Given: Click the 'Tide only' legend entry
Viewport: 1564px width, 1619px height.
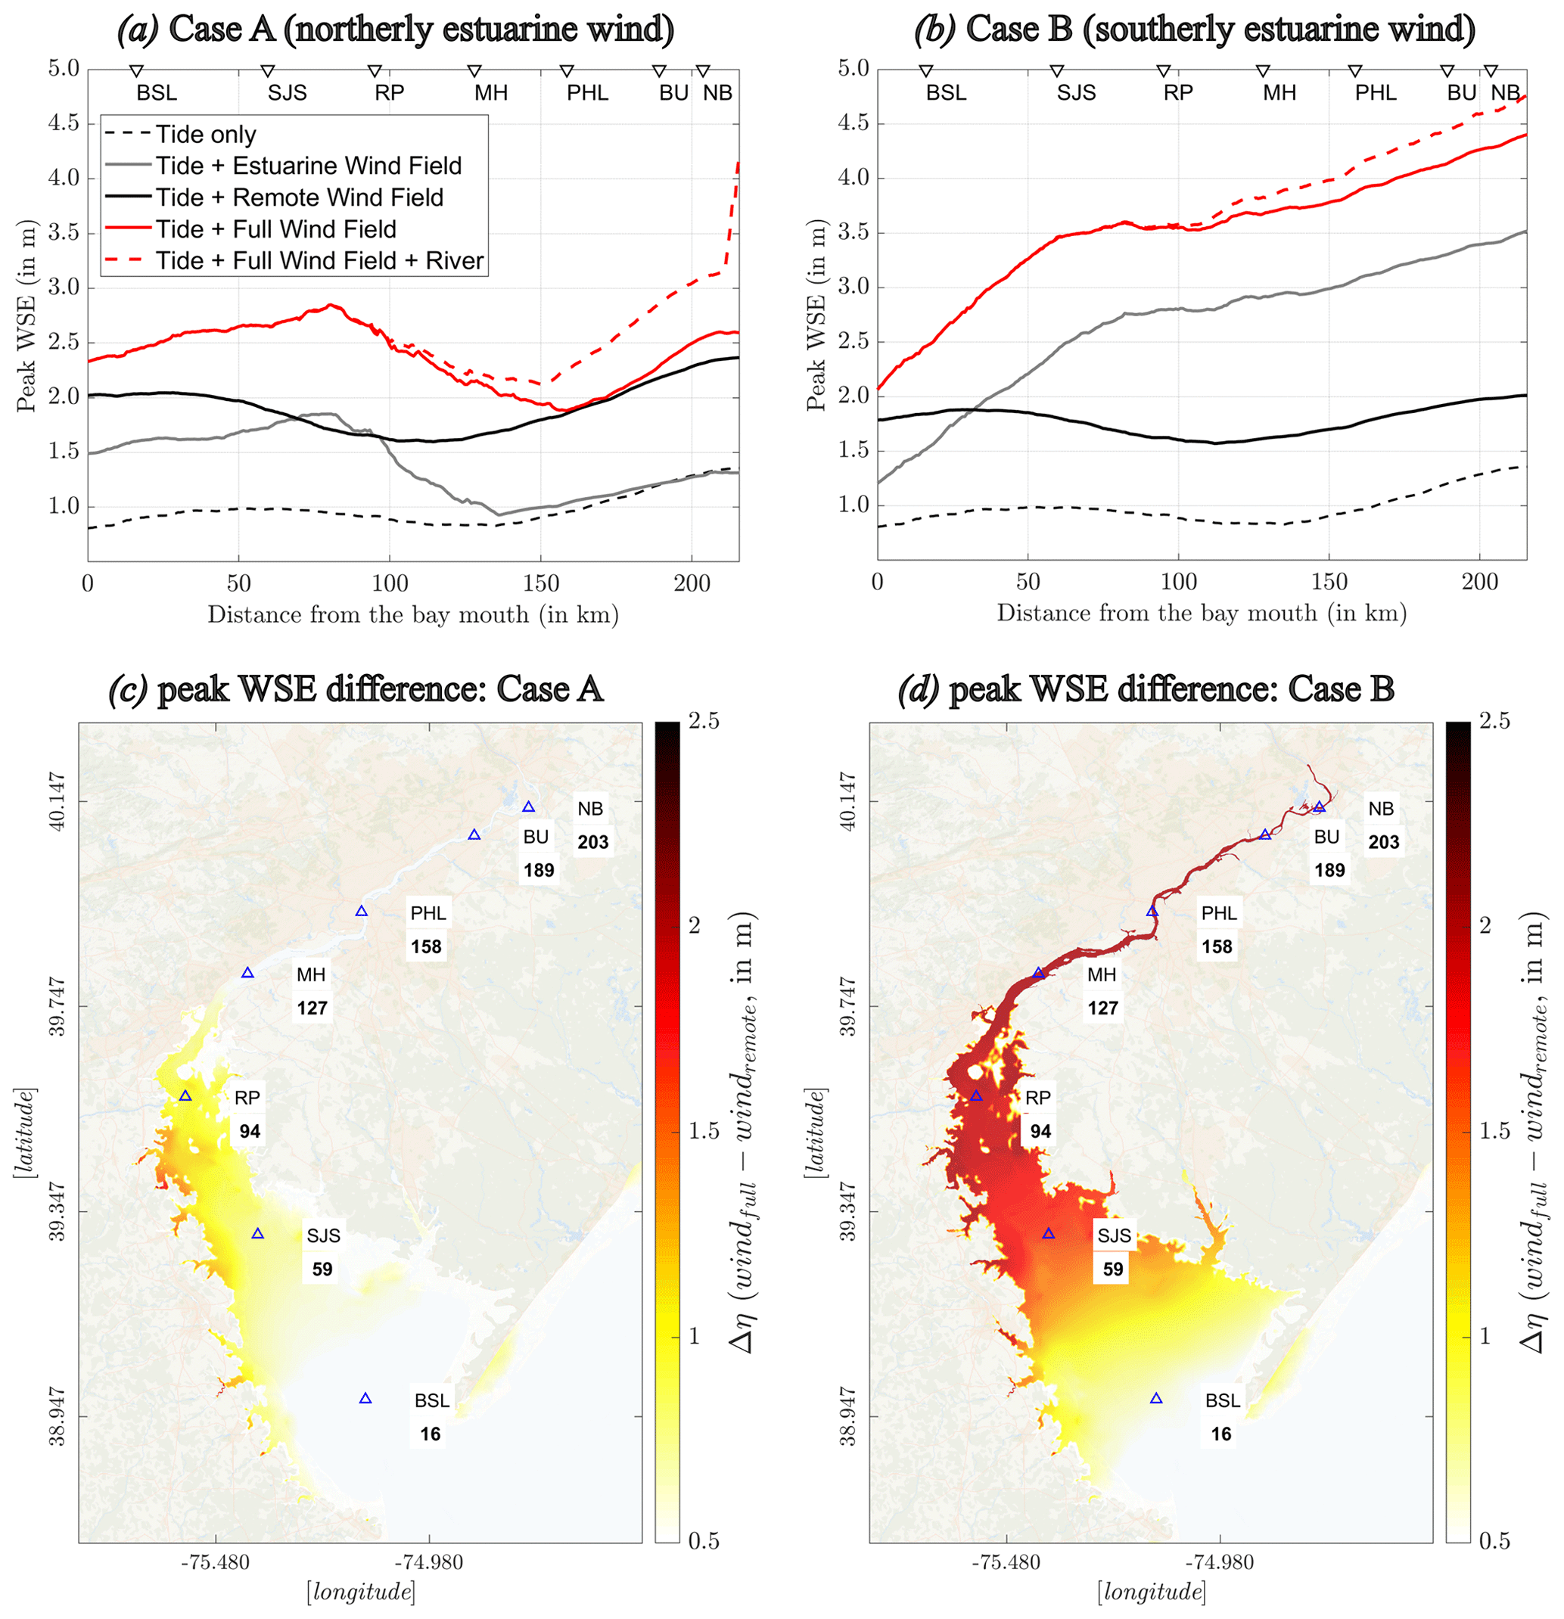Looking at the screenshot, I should [x=206, y=135].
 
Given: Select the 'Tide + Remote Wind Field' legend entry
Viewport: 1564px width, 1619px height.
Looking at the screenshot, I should [x=299, y=198].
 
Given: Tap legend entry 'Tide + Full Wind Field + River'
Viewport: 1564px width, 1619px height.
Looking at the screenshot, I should [x=320, y=261].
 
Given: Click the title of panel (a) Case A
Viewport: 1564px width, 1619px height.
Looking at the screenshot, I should [x=396, y=30].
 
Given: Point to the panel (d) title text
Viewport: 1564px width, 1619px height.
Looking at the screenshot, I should [x=1146, y=690].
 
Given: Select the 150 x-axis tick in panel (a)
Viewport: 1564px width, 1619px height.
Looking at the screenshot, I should [x=540, y=584].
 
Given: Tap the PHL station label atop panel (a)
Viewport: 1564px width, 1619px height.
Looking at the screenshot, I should [x=587, y=93].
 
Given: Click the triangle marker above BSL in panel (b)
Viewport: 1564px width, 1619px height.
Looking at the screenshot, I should [x=926, y=71].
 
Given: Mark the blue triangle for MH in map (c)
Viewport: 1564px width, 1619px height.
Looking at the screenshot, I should [x=247, y=973].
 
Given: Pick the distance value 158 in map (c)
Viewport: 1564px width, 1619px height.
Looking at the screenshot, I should [x=426, y=946].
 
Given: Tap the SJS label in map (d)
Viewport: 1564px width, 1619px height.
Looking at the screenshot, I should [x=1114, y=1235].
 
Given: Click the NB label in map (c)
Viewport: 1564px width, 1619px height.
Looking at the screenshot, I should [x=590, y=809].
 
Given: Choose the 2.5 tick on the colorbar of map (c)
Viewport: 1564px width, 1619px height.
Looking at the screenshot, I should [x=703, y=722].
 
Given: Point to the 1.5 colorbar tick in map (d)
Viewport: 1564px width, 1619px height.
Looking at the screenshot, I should [x=1494, y=1131].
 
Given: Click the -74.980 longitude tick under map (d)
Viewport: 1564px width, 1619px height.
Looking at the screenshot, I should [x=1220, y=1562].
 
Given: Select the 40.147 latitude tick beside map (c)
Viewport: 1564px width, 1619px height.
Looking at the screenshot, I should [x=57, y=800].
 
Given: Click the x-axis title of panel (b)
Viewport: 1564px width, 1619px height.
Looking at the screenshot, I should [x=1202, y=614].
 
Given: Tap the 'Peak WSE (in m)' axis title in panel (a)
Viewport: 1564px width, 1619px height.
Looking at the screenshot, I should [x=26, y=315].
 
